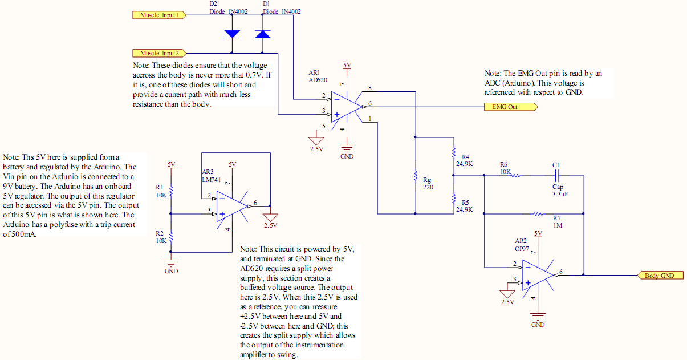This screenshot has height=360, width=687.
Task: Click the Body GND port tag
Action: pos(661,276)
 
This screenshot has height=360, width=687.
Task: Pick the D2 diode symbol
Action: pos(232,34)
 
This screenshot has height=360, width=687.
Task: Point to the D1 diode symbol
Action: pos(263,34)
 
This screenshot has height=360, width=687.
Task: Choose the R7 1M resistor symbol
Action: pos(538,214)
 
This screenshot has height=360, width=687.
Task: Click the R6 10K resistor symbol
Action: pos(515,176)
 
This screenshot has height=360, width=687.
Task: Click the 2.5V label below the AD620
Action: pos(316,149)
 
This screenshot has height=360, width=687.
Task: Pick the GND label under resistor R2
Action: pos(171,271)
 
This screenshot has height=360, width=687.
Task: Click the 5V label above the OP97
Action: pos(538,234)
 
